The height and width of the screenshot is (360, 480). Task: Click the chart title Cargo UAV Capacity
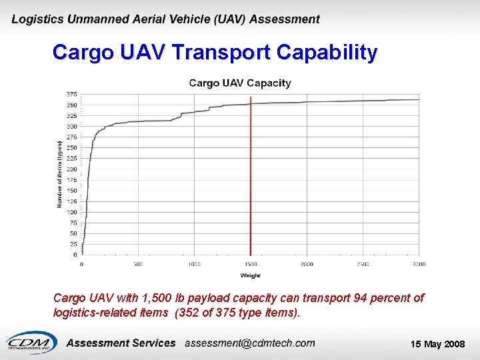tap(240, 83)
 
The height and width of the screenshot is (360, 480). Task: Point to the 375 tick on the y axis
tap(71, 94)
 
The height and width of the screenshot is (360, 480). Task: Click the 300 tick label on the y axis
tap(71, 126)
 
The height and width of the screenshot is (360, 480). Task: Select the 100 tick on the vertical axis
tap(71, 212)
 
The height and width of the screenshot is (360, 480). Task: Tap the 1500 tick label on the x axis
tap(250, 265)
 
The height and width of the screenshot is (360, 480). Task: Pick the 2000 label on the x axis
tap(307, 265)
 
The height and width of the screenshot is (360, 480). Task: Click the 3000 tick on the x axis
tap(419, 265)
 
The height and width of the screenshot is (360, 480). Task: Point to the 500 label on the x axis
tap(138, 265)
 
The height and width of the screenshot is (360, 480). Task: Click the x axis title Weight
tap(250, 275)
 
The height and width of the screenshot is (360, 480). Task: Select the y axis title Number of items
tap(59, 174)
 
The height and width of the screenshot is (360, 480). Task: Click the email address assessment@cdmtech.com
tap(250, 343)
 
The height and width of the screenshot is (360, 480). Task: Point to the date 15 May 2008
tap(438, 344)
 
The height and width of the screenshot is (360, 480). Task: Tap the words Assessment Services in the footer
tap(121, 343)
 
